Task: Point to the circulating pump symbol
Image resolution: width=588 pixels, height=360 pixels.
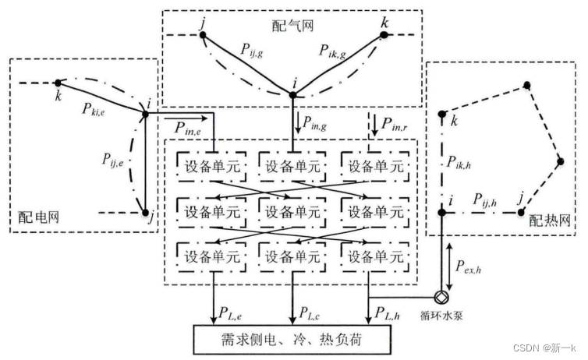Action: pyautogui.click(x=441, y=297)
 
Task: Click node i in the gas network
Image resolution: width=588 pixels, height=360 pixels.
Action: pyautogui.click(x=292, y=95)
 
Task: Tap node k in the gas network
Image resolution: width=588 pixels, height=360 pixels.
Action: pyautogui.click(x=384, y=36)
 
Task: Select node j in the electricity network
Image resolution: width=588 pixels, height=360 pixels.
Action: pyautogui.click(x=145, y=211)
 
